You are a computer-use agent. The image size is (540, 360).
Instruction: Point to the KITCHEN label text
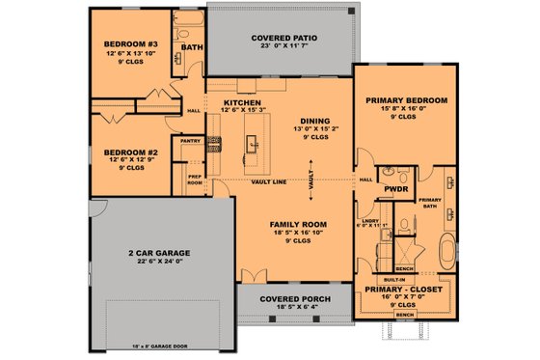click(x=242, y=102)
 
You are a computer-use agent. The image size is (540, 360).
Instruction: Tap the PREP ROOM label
click(x=194, y=180)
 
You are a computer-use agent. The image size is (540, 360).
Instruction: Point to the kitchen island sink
click(x=253, y=145)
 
